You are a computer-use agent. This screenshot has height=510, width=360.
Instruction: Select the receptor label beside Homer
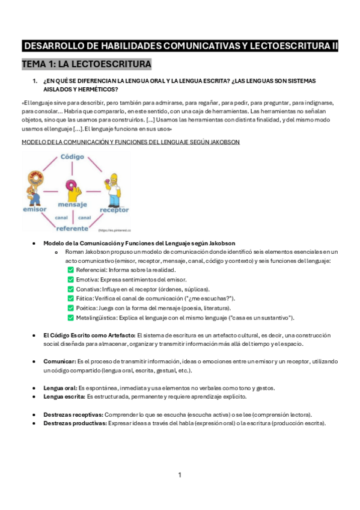pos(114,210)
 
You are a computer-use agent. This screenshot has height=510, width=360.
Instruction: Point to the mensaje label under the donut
pos(73,205)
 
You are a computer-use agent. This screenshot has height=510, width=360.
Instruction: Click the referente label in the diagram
pos(73,229)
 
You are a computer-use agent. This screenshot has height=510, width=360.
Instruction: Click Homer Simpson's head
pos(114,180)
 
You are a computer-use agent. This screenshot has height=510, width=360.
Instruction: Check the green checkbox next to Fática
pos(71,298)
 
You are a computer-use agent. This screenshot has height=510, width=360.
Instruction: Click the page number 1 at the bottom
pos(180,475)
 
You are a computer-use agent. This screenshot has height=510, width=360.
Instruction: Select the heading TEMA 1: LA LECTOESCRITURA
pos(87,64)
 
